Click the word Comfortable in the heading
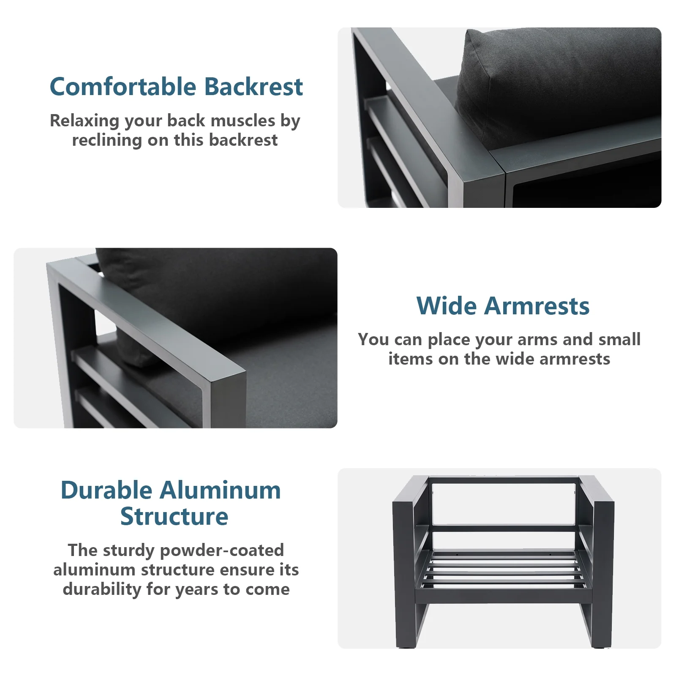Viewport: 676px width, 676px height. point(123,87)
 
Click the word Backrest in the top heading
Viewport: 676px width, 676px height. point(253,87)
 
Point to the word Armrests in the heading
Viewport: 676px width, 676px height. point(537,306)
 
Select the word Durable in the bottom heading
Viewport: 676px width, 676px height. point(106,491)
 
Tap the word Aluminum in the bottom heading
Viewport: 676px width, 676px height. point(220,491)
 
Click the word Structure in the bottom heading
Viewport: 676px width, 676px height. point(174,516)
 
